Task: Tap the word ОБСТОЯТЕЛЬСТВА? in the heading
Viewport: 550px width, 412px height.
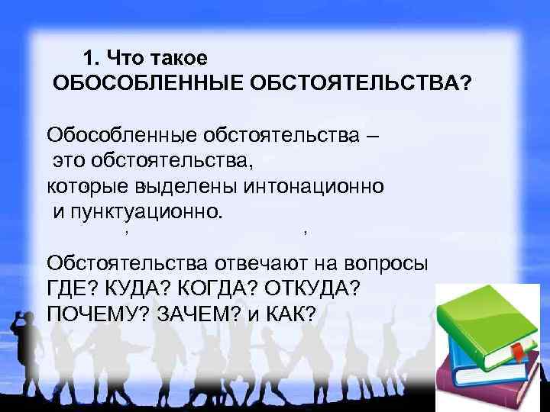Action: click(358, 82)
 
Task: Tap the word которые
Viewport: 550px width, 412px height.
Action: click(89, 185)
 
